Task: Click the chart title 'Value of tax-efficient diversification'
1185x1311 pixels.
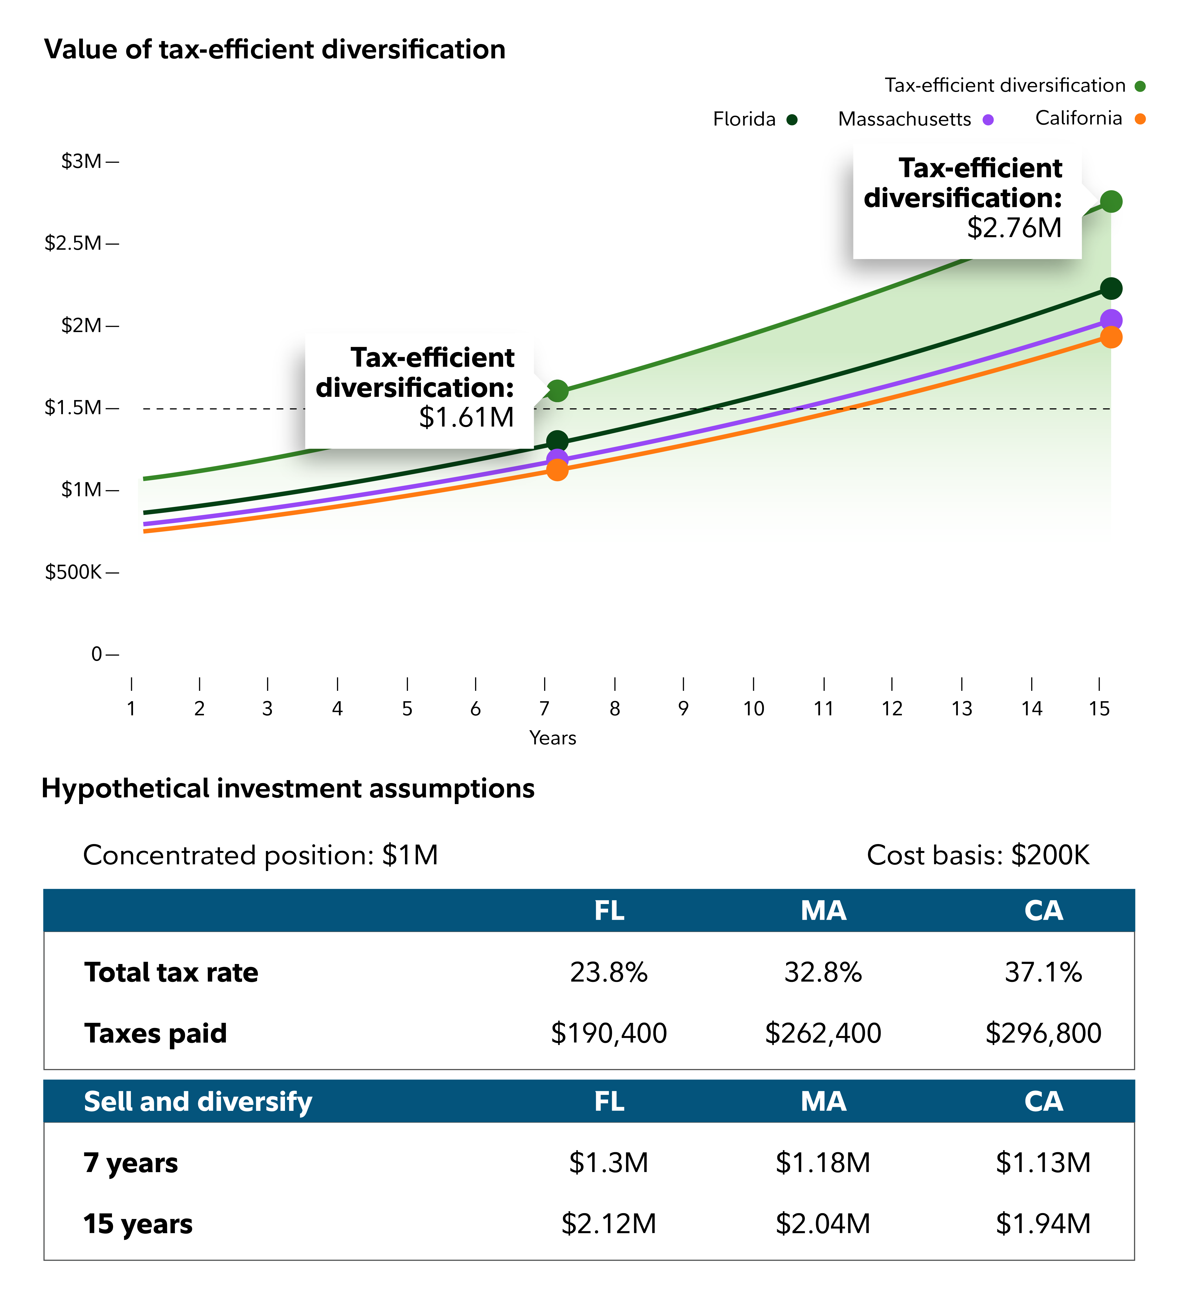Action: pyautogui.click(x=275, y=49)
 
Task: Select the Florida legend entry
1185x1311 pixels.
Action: pyautogui.click(x=754, y=119)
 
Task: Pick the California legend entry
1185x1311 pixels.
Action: pyautogui.click(x=1089, y=118)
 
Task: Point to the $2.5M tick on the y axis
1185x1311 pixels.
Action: pyautogui.click(x=73, y=243)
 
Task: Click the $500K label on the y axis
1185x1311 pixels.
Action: pyautogui.click(x=73, y=572)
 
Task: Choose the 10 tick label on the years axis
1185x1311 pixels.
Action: pyautogui.click(x=753, y=708)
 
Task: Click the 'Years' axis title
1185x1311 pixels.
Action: pyautogui.click(x=552, y=738)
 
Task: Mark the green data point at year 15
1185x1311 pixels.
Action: pyautogui.click(x=1111, y=201)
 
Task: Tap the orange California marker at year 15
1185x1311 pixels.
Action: pyautogui.click(x=1111, y=337)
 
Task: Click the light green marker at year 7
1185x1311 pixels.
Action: pyautogui.click(x=557, y=391)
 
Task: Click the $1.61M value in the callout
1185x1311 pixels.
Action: pyautogui.click(x=466, y=417)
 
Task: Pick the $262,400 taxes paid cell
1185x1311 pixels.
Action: pyautogui.click(x=823, y=1033)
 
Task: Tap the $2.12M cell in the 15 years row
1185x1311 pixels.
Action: pyautogui.click(x=609, y=1223)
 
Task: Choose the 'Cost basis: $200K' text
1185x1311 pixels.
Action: pyautogui.click(x=978, y=855)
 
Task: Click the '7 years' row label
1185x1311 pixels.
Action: pyautogui.click(x=131, y=1162)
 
